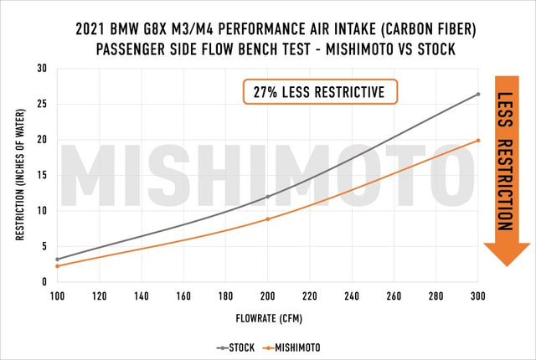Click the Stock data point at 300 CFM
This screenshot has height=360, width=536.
point(477,94)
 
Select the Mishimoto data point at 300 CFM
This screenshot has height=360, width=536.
point(477,141)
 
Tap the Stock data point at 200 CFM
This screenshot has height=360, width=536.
point(268,197)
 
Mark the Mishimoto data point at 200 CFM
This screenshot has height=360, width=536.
point(268,219)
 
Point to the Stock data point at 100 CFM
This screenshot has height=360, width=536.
point(58,260)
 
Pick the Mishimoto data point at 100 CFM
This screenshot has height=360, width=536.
point(58,266)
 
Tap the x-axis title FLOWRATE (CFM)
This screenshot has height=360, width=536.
point(268,319)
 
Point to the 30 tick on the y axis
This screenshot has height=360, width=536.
point(42,68)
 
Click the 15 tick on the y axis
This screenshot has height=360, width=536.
point(42,175)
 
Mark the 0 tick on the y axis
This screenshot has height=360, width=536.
point(44,282)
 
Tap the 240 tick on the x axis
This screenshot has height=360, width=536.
point(352,296)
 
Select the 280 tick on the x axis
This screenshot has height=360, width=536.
point(435,296)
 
